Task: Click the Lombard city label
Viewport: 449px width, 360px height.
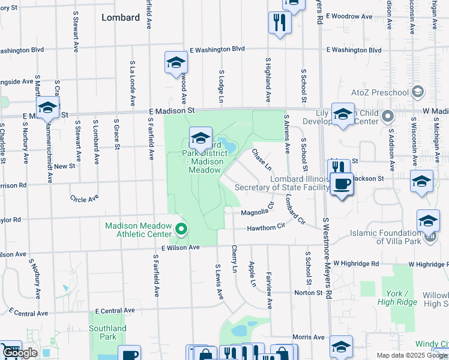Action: [121, 17]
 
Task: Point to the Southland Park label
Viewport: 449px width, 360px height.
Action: [107, 332]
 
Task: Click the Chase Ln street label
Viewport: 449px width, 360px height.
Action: [261, 159]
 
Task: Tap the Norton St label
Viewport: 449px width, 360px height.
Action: [308, 293]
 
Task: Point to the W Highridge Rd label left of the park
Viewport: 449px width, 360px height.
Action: [357, 263]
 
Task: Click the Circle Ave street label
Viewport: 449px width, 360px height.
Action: [83, 199]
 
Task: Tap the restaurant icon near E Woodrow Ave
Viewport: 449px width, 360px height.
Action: [279, 22]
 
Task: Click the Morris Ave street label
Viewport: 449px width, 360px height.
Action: [308, 337]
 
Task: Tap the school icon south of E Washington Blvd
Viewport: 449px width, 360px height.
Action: [176, 62]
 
